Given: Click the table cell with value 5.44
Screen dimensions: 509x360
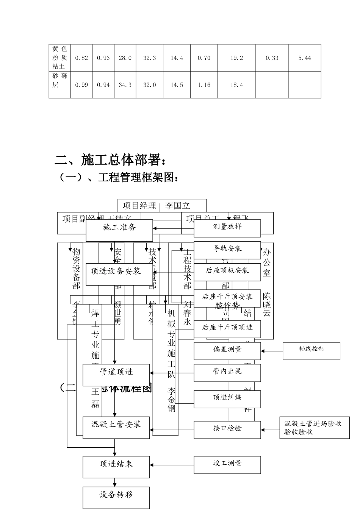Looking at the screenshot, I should (x=304, y=58).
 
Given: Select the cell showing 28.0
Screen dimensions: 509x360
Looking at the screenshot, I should (x=125, y=58).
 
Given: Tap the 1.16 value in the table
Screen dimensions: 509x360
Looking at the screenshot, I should (x=204, y=85).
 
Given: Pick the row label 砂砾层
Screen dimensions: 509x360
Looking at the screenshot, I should (x=59, y=80).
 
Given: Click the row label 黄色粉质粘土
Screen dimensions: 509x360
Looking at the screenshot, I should (x=59, y=58).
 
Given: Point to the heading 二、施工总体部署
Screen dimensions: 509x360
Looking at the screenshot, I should (x=110, y=160).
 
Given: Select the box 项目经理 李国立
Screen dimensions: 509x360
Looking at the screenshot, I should (x=162, y=206).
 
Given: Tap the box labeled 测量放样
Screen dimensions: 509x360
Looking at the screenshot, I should (x=227, y=228).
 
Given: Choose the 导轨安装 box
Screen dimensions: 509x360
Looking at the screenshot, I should (x=227, y=250).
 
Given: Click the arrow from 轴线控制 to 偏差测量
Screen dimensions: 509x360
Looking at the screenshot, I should (x=272, y=351).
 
